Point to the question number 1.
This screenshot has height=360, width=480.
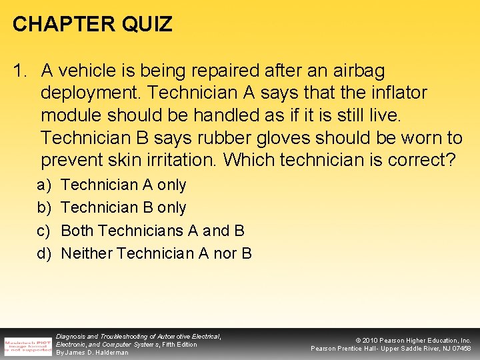coord(21,70)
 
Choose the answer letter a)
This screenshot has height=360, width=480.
coord(44,185)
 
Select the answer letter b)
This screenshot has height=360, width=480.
coord(44,207)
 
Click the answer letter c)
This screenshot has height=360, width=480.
coord(44,231)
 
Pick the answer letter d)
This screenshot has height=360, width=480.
coord(44,253)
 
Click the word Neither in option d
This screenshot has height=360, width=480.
coord(86,253)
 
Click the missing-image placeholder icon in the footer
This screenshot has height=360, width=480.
coord(28,345)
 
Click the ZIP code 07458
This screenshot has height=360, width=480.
coord(460,349)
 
